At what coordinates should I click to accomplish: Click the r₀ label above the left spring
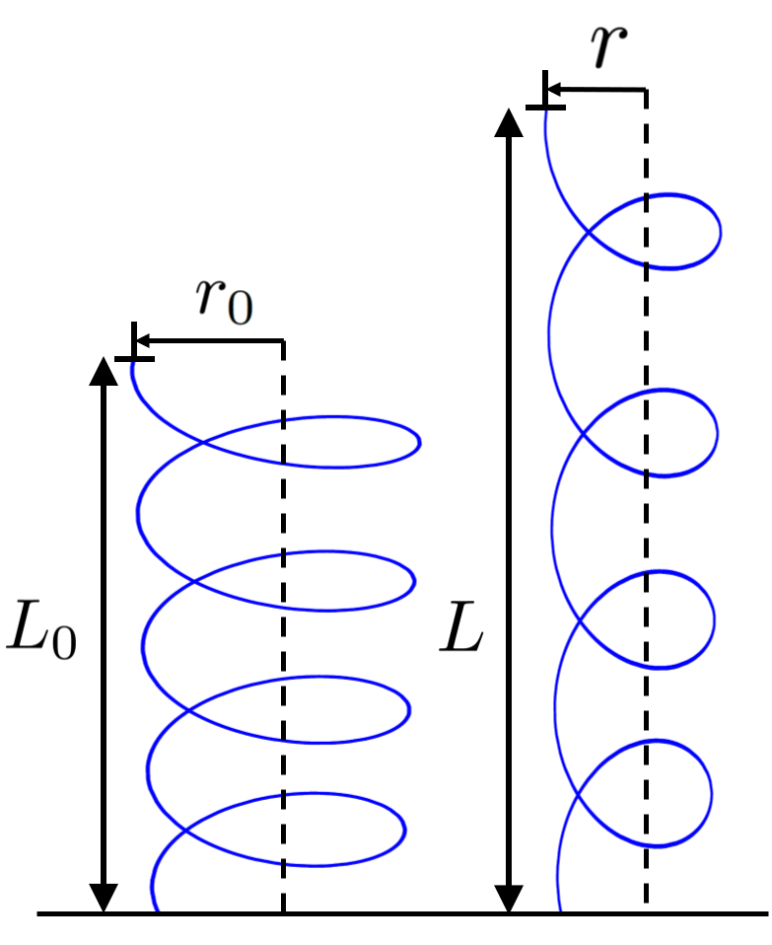[224, 295]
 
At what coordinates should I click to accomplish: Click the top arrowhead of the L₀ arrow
[104, 369]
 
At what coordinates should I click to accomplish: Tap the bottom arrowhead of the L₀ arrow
[104, 897]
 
